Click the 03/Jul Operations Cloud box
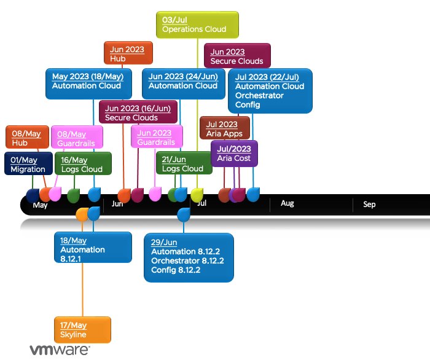pyautogui.click(x=197, y=25)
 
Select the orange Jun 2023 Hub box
pyautogui.click(x=128, y=53)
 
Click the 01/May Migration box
pyautogui.click(x=28, y=164)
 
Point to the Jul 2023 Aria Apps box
pyautogui.click(x=225, y=128)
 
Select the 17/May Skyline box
pyautogui.click(x=82, y=330)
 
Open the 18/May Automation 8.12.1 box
pyautogui.click(x=92, y=247)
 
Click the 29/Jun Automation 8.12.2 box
pyautogui.click(x=189, y=257)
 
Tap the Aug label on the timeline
pyautogui.click(x=287, y=203)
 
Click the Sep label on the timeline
pyautogui.click(x=369, y=204)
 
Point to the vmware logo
pyautogui.click(x=60, y=350)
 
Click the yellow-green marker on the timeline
pyautogui.click(x=197, y=195)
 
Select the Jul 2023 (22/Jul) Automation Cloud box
pyautogui.click(x=270, y=91)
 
